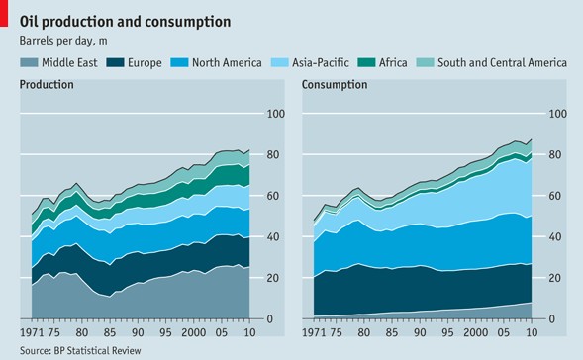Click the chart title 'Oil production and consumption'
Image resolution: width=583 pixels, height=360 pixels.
click(x=125, y=22)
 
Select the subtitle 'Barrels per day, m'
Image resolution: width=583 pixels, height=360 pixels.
click(x=63, y=41)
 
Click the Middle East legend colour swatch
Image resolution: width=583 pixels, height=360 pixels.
click(x=29, y=62)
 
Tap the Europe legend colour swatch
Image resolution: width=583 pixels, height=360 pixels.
click(x=115, y=62)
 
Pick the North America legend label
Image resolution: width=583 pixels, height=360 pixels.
click(x=227, y=62)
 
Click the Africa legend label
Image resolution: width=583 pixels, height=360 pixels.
click(x=393, y=62)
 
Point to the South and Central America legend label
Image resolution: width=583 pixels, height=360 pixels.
click(x=502, y=62)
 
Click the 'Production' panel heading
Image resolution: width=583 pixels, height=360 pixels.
click(x=47, y=85)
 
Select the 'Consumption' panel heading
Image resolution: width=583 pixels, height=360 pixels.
click(x=335, y=85)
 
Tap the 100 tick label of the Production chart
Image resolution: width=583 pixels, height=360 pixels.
click(x=276, y=114)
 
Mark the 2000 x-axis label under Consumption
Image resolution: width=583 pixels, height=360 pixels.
click(x=475, y=331)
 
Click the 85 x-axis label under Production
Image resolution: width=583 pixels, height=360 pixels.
click(x=110, y=331)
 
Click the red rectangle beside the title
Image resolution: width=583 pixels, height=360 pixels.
click(x=4, y=13)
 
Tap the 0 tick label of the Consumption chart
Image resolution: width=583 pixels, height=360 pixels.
click(x=551, y=318)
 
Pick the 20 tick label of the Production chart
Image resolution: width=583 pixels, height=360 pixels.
click(x=272, y=278)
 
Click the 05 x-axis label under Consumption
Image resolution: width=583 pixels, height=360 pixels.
click(x=504, y=331)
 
